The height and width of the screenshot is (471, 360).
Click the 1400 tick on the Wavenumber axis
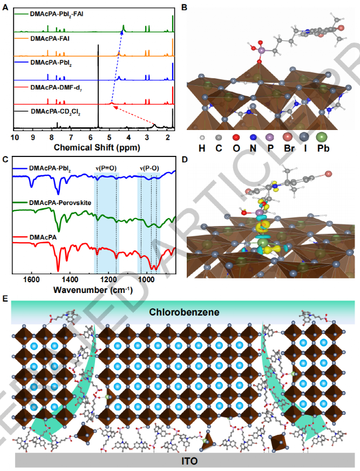pos(70,280)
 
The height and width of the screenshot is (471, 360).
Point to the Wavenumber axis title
pos(93,290)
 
